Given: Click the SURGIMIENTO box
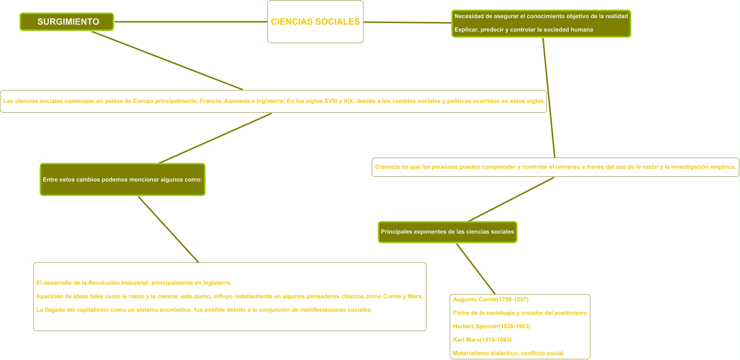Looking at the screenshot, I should (67, 22).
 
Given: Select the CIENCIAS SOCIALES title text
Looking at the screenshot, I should (315, 22).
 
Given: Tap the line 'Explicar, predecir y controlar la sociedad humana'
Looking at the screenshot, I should (523, 30).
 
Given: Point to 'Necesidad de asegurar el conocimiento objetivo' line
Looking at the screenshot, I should (541, 16).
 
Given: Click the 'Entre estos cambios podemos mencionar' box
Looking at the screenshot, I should (122, 180).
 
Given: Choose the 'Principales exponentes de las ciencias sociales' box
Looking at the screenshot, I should (447, 232).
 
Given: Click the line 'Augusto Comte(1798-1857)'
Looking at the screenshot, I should (490, 300).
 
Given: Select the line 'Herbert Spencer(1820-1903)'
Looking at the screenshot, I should (492, 326).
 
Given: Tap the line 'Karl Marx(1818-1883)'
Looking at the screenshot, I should (482, 340).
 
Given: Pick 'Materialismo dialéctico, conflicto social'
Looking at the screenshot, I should (508, 353).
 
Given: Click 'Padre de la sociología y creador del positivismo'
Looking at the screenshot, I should (520, 313).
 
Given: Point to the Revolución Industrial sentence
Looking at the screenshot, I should (134, 283).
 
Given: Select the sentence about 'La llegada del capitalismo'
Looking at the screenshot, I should (204, 310).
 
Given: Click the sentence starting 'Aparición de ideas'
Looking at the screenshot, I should (229, 296).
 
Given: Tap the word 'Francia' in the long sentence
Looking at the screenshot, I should (210, 101).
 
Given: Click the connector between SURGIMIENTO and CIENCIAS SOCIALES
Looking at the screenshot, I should (190, 22).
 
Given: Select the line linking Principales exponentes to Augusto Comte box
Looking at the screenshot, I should (475, 269).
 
